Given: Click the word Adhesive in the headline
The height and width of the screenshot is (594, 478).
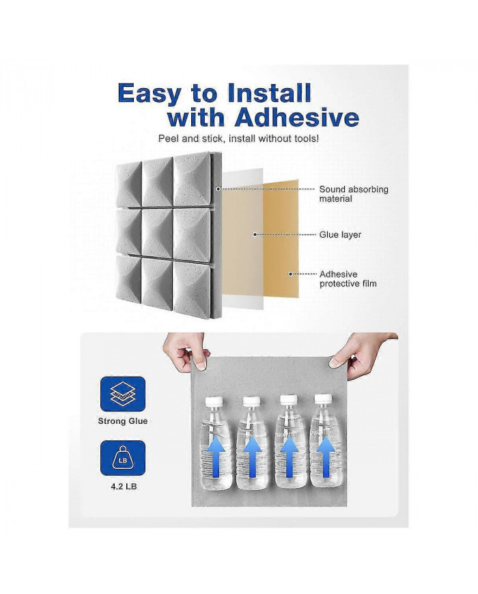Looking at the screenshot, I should click(x=296, y=118).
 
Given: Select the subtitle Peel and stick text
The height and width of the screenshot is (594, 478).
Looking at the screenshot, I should click(x=238, y=139).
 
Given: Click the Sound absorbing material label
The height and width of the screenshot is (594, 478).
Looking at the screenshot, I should click(x=353, y=193).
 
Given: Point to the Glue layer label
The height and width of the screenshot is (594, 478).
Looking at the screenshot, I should click(x=340, y=234).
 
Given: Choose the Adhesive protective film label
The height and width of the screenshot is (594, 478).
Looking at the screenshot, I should click(x=348, y=278).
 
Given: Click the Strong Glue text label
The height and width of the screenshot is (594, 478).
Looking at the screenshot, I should click(x=122, y=421).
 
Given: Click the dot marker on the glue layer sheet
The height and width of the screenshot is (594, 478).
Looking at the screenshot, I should click(x=255, y=234).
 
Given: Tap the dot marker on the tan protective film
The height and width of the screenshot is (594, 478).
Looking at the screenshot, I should click(x=290, y=274).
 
